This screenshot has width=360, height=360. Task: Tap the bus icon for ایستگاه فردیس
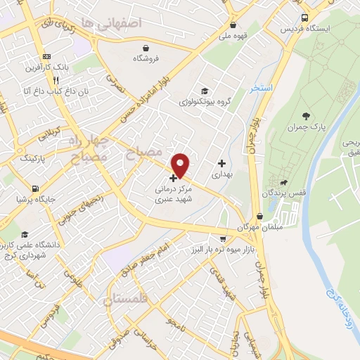pyautogui.click(x=304, y=18)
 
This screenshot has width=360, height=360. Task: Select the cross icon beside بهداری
pyautogui.click(x=221, y=163)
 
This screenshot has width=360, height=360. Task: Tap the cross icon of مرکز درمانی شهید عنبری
pyautogui.click(x=174, y=179)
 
